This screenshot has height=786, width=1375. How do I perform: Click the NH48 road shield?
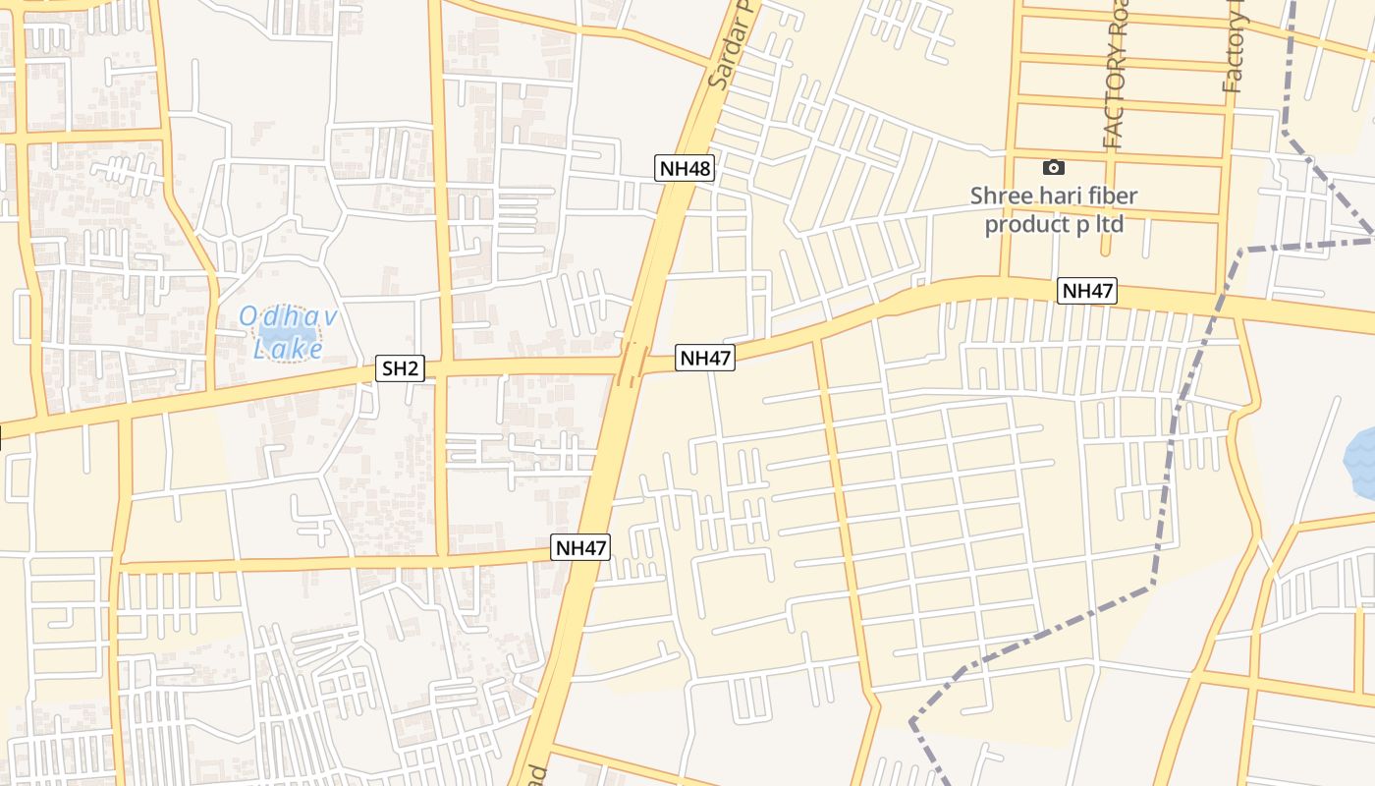pos(685,168)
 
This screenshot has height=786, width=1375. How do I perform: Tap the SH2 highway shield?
pos(401,369)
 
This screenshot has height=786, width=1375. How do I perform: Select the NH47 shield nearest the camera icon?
pos(1087,291)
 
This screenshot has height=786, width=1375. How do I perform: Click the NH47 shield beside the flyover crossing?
pos(705,359)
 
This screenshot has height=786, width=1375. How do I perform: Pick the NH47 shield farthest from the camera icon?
pos(580,548)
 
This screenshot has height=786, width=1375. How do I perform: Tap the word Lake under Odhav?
pos(288,348)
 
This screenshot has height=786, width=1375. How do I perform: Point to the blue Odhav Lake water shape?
pos(288,333)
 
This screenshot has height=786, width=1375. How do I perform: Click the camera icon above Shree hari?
pos(1053,168)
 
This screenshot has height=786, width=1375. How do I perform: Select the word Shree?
pos(1001,196)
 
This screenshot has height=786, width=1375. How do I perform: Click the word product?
pos(1023,224)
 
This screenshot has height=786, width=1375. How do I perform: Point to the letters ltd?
pos(1109,224)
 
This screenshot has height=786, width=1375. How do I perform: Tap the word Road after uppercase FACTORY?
pos(1117,29)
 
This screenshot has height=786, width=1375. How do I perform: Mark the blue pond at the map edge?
pos(1361,463)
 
